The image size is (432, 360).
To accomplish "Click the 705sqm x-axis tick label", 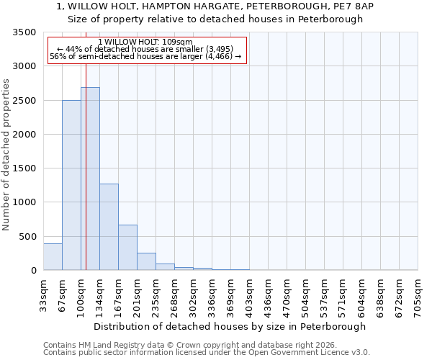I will (x=418, y=295).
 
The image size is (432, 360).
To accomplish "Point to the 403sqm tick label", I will (x=249, y=295).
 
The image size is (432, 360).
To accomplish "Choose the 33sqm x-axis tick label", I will (x=43, y=295).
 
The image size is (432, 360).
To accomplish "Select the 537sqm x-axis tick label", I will (x=324, y=295).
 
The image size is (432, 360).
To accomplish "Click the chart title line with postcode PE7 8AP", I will (x=216, y=6).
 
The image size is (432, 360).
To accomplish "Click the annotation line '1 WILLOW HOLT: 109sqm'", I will (x=145, y=42).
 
